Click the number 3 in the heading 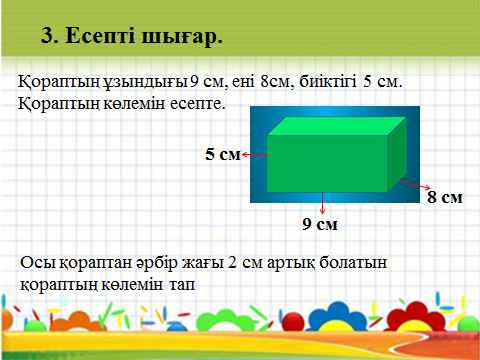[47, 35]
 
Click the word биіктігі [328, 82]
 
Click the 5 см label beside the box [223, 154]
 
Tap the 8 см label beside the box [445, 197]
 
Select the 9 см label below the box [320, 224]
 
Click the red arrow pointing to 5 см [255, 154]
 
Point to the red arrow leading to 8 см [415, 185]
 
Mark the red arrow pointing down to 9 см [322, 203]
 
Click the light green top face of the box [337, 126]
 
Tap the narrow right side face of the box [397, 154]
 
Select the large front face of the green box [327, 164]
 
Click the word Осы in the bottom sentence [38, 263]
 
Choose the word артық [291, 263]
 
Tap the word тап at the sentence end [182, 285]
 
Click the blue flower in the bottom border [337, 317]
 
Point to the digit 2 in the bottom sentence [232, 262]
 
